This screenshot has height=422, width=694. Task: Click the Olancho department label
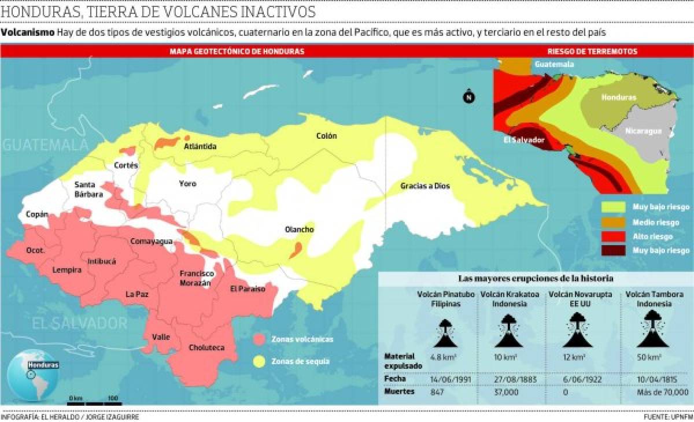point(299,229)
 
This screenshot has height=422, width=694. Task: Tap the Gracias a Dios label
point(425,186)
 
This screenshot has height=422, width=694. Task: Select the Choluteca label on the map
point(206,347)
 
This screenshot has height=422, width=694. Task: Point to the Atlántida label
point(200,147)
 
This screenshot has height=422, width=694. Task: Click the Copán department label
point(36,214)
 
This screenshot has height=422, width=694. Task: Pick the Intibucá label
point(102,261)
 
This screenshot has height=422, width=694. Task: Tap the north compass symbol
point(468,97)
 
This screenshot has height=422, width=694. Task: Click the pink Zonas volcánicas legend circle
point(260,339)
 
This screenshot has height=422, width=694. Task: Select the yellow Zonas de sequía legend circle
point(260,361)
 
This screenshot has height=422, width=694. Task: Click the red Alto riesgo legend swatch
point(614,236)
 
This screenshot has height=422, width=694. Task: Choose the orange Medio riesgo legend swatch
point(614,221)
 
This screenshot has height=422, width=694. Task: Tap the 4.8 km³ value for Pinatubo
point(444,357)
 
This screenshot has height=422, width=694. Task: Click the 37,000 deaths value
point(505,392)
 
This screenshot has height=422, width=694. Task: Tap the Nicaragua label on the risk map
point(643,131)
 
